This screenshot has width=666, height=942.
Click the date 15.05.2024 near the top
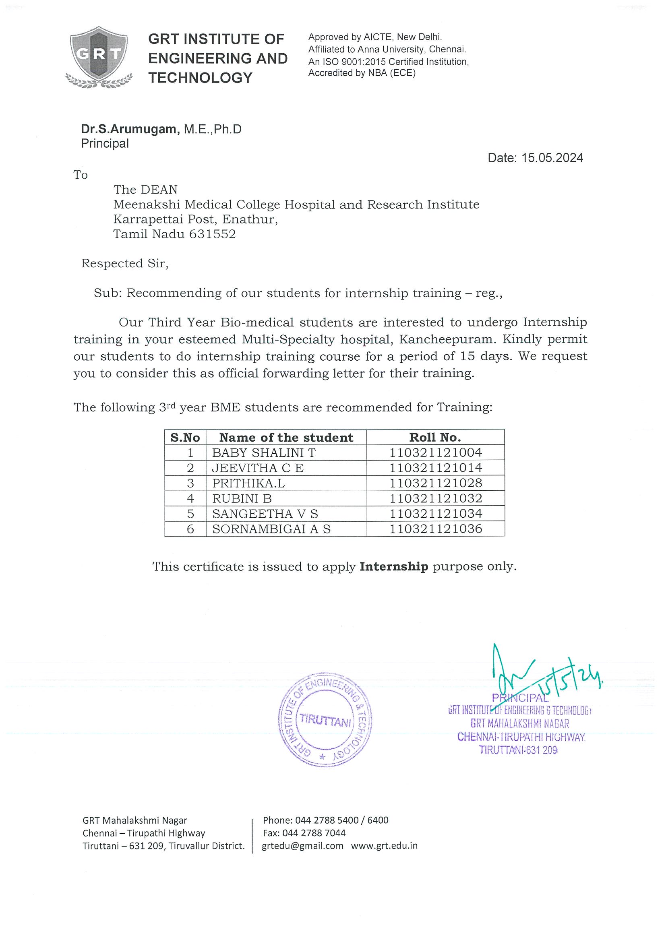pos(552,158)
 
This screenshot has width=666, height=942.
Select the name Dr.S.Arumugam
pos(130,129)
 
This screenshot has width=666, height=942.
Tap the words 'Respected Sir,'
pos(125,263)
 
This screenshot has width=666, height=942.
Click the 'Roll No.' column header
pos(435,437)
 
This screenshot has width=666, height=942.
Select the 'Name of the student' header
pos(286,437)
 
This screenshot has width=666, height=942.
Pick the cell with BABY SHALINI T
pos(263,452)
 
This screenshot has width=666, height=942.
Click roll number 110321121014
pos(435,468)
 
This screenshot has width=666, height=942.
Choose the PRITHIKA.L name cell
pos(248,483)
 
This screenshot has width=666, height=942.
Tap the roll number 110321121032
pos(435,498)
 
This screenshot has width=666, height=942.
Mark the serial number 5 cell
pos(190,514)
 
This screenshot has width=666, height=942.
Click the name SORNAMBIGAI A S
pos(271,529)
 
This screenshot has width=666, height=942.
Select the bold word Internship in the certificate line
pos(393,566)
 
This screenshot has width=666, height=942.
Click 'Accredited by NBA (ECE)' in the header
pos(362,73)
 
